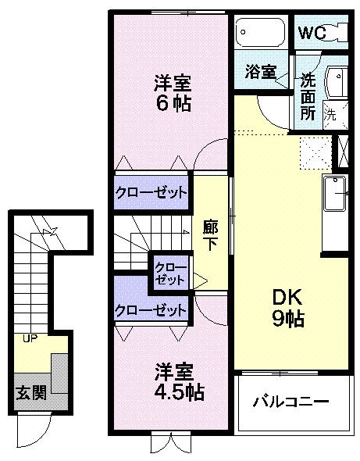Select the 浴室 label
pyautogui.click(x=259, y=72)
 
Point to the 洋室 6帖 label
pyautogui.click(x=172, y=93)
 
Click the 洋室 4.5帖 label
pyautogui.click(x=173, y=382)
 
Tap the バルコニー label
pyautogui.click(x=290, y=402)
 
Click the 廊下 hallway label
pyautogui.click(x=209, y=234)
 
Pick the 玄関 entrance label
pyautogui.click(x=30, y=392)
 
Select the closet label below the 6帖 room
pyautogui.click(x=151, y=192)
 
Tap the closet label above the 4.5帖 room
pyautogui.click(x=151, y=309)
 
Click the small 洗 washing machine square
pyautogui.click(x=330, y=114)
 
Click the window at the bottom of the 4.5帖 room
pyautogui.click(x=170, y=443)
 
